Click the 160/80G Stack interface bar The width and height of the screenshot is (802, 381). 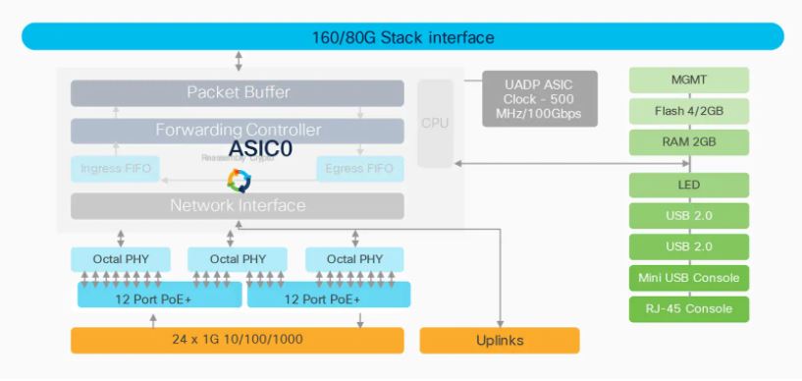pos(401,37)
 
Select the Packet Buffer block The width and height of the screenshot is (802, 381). pos(238,93)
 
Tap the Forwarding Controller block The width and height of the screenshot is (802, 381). pos(238,131)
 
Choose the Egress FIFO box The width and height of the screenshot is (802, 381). pos(360,168)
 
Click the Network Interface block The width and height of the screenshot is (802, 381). pos(238,206)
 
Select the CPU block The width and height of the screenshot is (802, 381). pos(435,124)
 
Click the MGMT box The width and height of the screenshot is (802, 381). pos(688,81)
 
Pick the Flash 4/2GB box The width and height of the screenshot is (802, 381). pos(688,111)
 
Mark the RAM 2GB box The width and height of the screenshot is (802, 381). pos(688,141)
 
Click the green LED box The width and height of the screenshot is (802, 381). pos(688,186)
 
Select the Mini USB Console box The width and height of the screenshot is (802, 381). pos(688,278)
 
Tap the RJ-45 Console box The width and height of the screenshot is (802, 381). pos(688,309)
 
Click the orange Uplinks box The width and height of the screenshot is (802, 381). pos(500,341)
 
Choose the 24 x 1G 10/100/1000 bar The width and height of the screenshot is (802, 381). pos(238,341)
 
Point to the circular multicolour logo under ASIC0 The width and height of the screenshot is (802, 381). pos(239,180)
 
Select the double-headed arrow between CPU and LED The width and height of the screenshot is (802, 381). pos(540,163)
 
